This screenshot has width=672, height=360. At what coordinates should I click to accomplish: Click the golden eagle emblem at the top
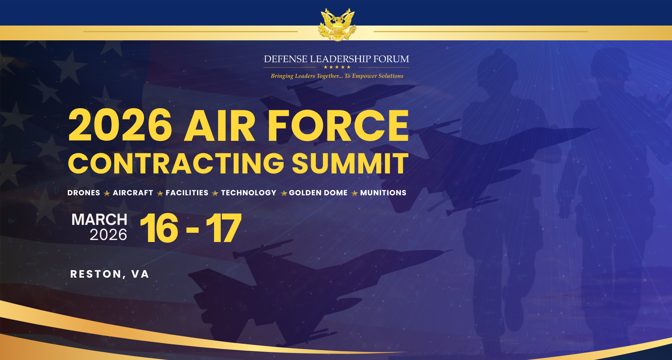[x=337, y=25]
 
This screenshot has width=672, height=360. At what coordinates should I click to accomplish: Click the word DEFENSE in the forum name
[x=286, y=59]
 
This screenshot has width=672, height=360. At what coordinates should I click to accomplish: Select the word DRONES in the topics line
[x=84, y=193]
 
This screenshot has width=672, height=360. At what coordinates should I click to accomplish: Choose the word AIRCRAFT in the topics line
[x=133, y=193]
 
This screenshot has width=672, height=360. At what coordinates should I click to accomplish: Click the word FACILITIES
[x=187, y=193]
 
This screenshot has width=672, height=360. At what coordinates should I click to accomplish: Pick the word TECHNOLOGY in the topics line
[x=249, y=193]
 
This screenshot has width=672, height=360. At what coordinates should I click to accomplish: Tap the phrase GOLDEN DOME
[x=318, y=193]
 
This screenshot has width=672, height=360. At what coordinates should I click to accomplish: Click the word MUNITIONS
[x=383, y=193]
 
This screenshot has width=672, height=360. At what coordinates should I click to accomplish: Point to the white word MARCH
[x=99, y=219]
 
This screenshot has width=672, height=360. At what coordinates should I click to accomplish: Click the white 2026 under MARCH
[x=108, y=235]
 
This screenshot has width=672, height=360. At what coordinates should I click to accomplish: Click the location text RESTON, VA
[x=110, y=274]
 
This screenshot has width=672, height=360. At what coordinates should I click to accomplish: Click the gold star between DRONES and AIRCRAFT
[x=107, y=194]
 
